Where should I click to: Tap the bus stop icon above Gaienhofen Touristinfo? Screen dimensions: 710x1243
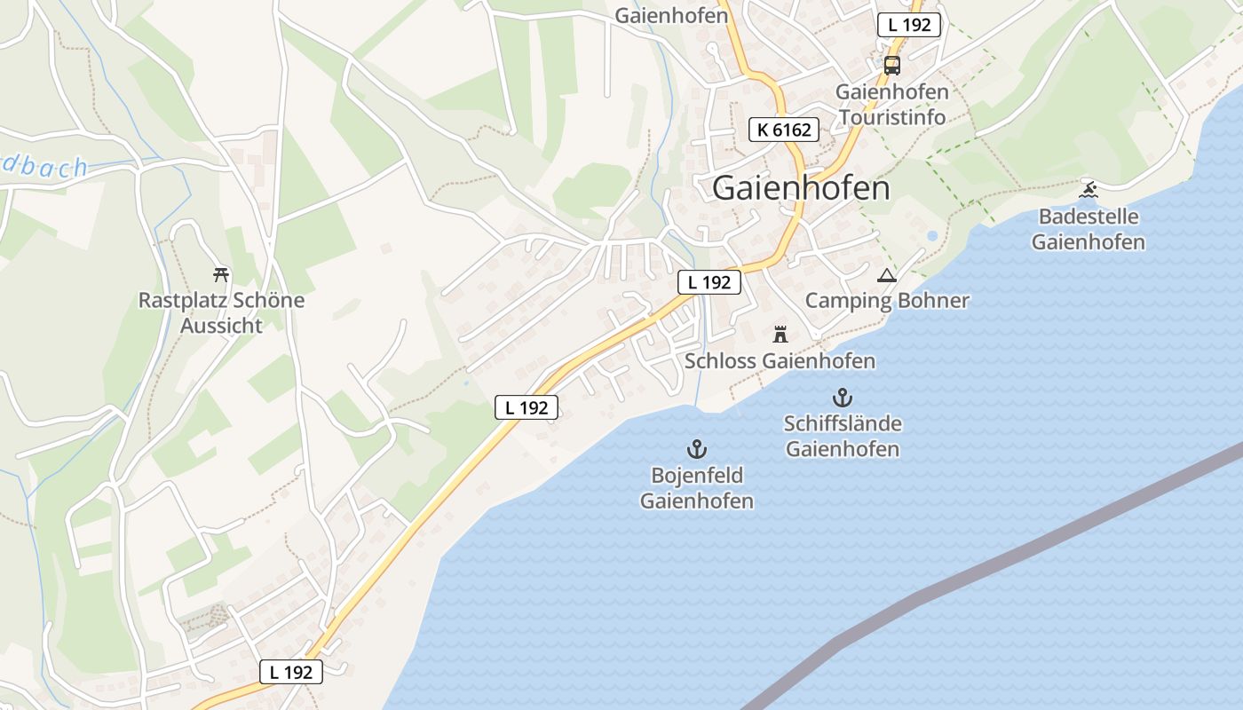coord(891,65)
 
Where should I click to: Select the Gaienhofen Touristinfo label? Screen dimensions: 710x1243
coord(891,104)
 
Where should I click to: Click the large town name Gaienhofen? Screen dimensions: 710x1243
coord(801,188)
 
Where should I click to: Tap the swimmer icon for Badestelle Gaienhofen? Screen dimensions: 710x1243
coord(1089,189)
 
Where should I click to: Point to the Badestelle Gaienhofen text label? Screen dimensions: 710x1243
coord(1089,229)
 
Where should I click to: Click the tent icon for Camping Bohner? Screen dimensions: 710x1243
coord(886,276)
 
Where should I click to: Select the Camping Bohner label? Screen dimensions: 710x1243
coord(887,300)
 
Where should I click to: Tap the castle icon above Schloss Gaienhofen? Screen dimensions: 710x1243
coord(780,335)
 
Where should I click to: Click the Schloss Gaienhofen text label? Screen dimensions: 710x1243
coord(780,361)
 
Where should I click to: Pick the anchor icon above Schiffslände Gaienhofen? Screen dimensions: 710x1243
coord(842,398)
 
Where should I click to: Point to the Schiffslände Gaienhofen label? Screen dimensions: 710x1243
coord(843,436)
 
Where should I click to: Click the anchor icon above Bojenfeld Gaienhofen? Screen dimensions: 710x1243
coord(697,449)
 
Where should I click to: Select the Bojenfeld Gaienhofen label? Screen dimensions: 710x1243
coord(697,488)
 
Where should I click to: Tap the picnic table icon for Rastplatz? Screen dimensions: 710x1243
coord(221,274)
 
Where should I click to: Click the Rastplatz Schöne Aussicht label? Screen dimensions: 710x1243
coord(221,312)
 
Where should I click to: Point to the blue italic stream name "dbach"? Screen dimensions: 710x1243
coord(44,167)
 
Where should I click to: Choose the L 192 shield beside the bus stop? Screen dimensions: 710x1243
coord(909,25)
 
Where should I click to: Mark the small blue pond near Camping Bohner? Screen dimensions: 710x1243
coord(931,236)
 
